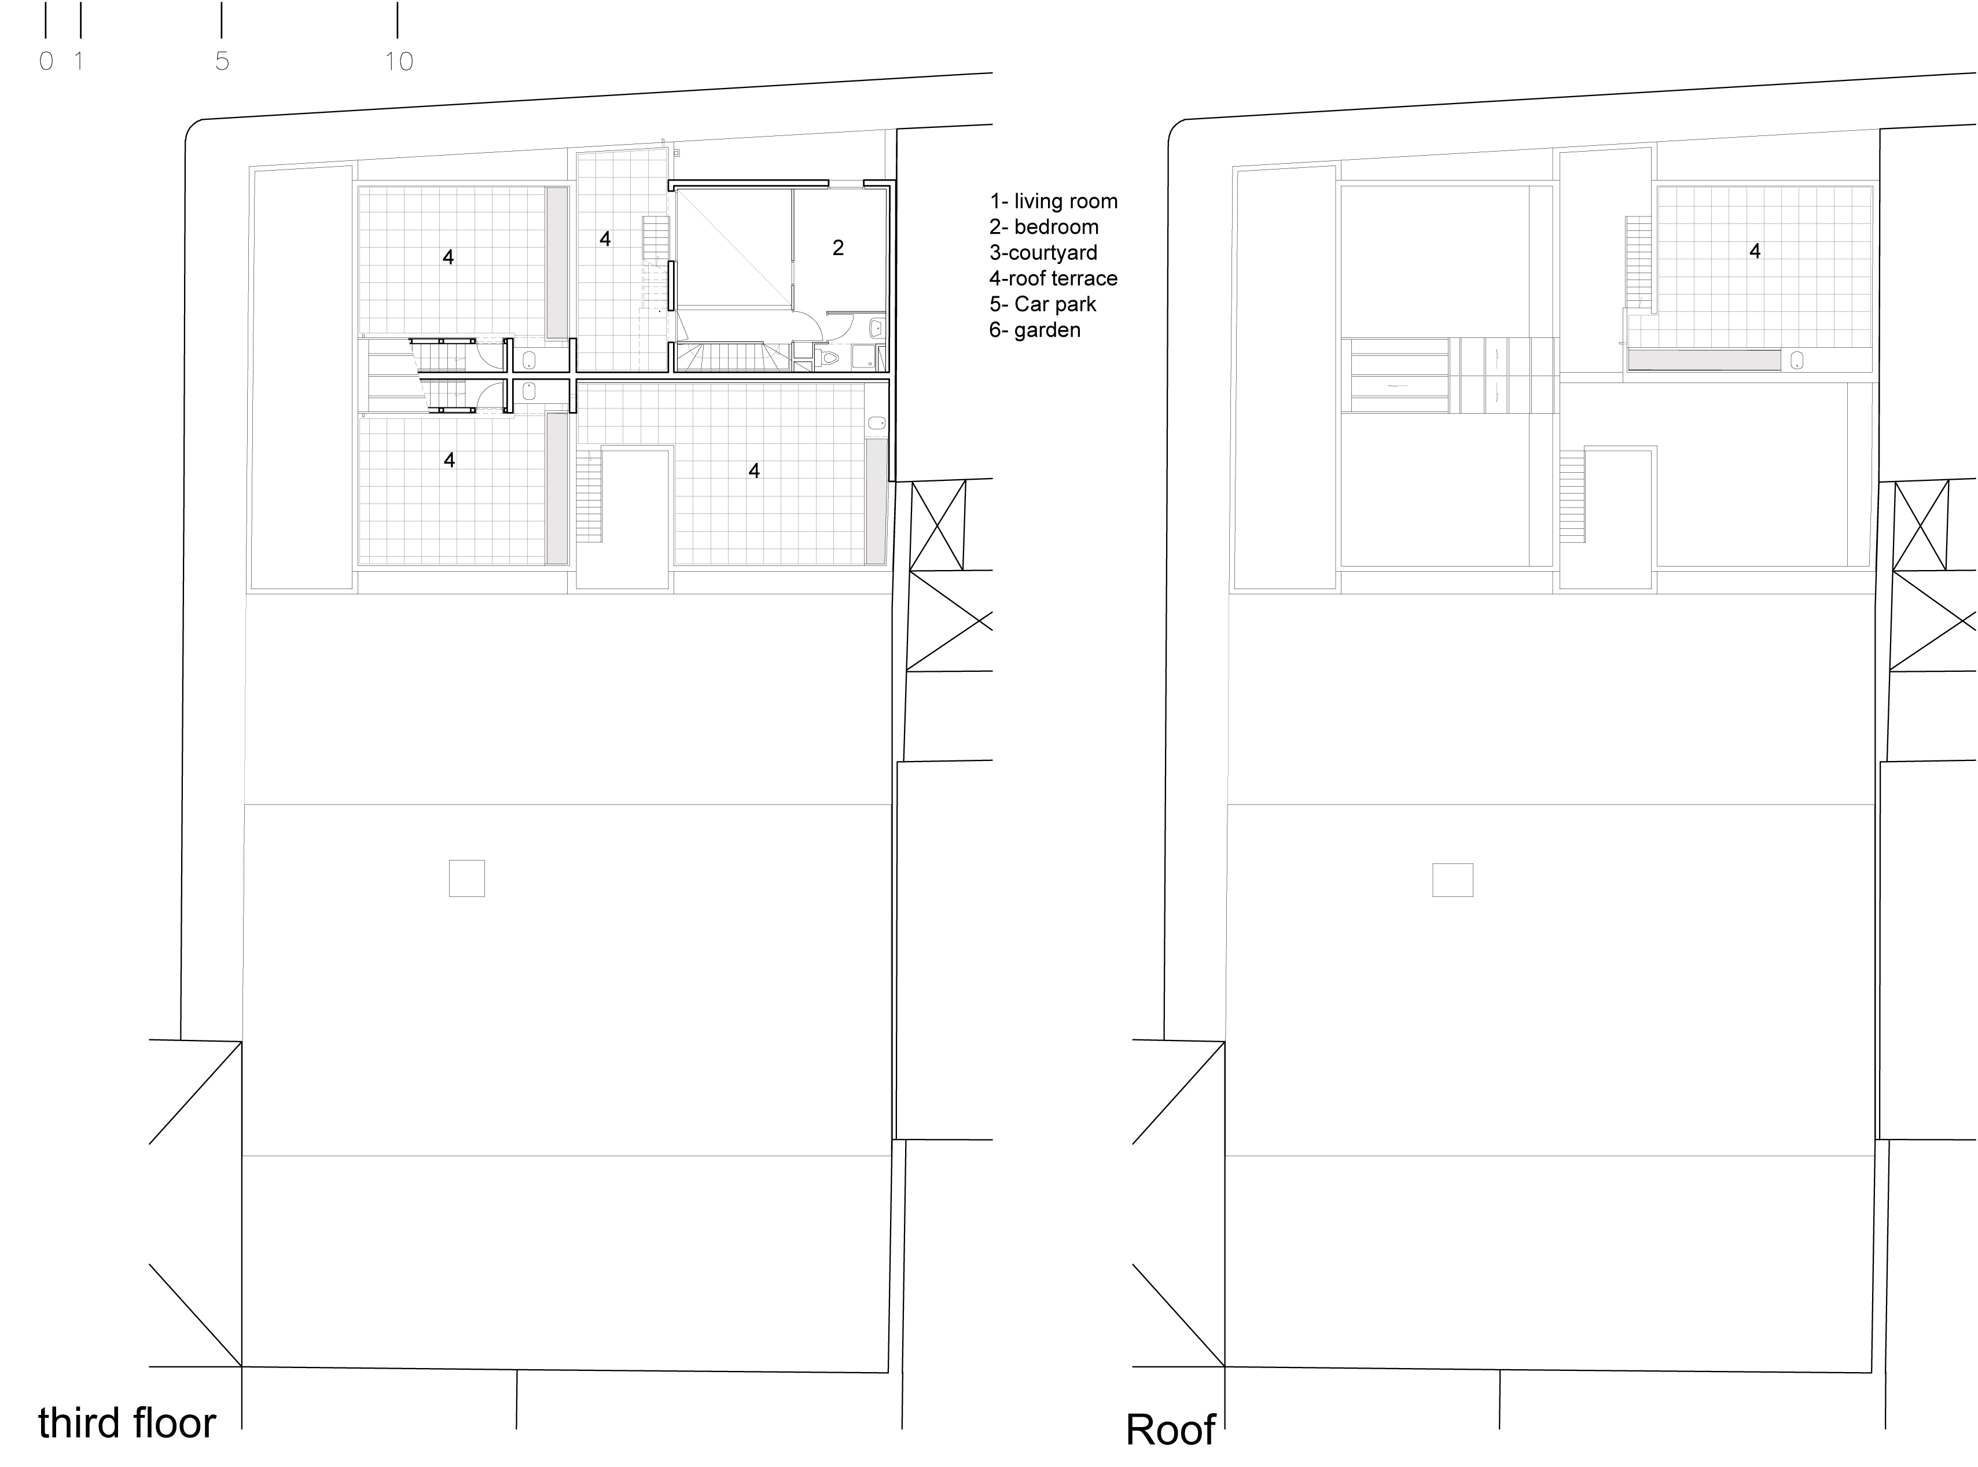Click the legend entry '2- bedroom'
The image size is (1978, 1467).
[1043, 227]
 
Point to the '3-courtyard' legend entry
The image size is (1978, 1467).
[1043, 253]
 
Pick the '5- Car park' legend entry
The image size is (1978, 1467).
[1042, 304]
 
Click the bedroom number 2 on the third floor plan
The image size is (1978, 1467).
[837, 248]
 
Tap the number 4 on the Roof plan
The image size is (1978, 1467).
[1754, 251]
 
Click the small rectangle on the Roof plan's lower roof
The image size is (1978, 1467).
[1453, 880]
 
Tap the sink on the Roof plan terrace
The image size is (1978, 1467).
[1797, 359]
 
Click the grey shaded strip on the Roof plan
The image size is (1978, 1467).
[1704, 359]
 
